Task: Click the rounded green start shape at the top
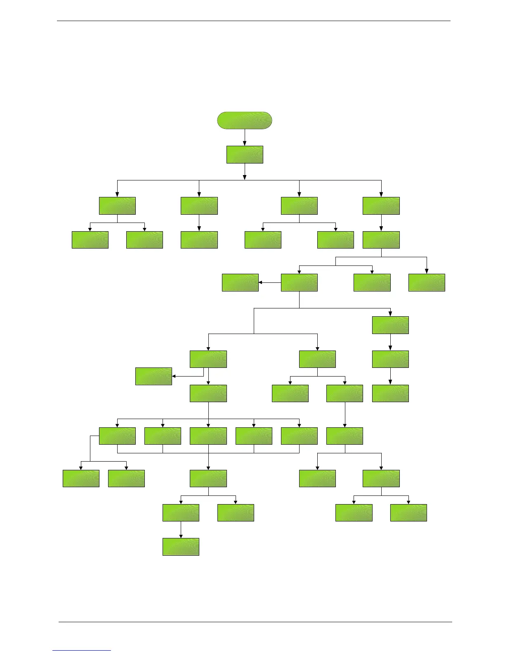pyautogui.click(x=245, y=120)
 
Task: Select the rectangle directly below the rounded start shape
pyautogui.click(x=245, y=154)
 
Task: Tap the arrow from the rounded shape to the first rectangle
pyautogui.click(x=245, y=137)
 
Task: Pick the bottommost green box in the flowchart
pyautogui.click(x=181, y=547)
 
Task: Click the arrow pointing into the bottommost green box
pyautogui.click(x=181, y=530)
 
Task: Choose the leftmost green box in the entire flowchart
pyautogui.click(x=81, y=479)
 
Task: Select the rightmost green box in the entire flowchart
pyautogui.click(x=427, y=282)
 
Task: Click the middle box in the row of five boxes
pyautogui.click(x=208, y=436)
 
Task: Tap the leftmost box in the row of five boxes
pyautogui.click(x=117, y=436)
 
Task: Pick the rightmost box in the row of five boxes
pyautogui.click(x=299, y=436)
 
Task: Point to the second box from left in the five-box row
pyautogui.click(x=163, y=436)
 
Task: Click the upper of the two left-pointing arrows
pyautogui.click(x=269, y=283)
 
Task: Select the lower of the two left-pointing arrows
pyautogui.click(x=187, y=376)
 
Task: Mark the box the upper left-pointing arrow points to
pyautogui.click(x=240, y=282)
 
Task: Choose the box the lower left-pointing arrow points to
pyautogui.click(x=153, y=376)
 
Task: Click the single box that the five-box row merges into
pyautogui.click(x=208, y=479)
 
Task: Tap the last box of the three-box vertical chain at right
pyautogui.click(x=390, y=393)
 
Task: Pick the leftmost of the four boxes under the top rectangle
pyautogui.click(x=117, y=206)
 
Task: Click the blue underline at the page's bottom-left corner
pyautogui.click(x=82, y=650)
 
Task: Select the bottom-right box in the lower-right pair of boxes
pyautogui.click(x=408, y=512)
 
